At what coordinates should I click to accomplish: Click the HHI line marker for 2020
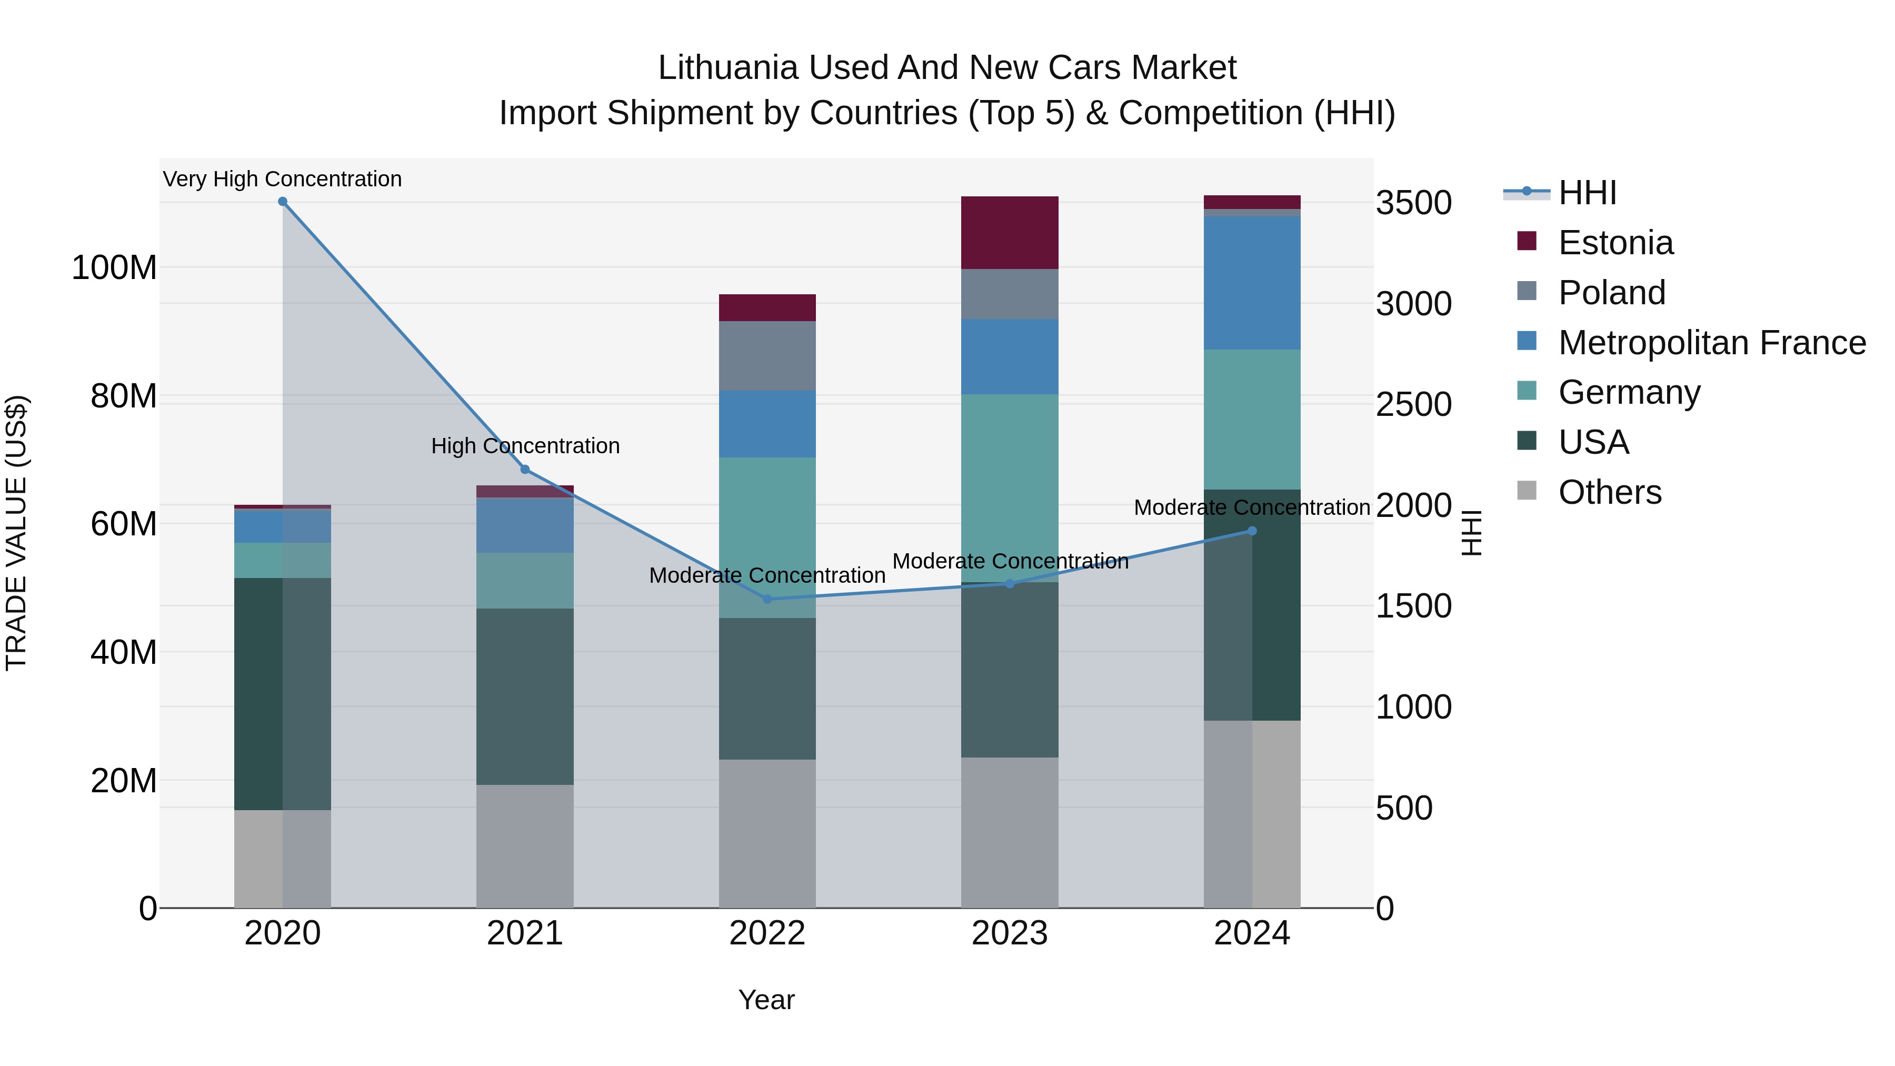283,202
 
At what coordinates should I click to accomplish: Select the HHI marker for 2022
767,599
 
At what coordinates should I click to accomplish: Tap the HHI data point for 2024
1252,531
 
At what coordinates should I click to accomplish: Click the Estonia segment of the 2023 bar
1009,233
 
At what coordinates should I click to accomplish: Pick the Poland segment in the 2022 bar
767,356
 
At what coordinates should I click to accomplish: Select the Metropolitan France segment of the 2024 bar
1252,283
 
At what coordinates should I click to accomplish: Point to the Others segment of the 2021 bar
524,846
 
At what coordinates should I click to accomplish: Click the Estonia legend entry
1615,243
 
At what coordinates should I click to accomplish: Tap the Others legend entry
1610,492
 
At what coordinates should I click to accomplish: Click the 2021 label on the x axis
524,933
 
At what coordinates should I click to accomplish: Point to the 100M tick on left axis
114,268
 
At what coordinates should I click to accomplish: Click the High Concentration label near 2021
525,446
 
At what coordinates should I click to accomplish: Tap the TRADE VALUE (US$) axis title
16,533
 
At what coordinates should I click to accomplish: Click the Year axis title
766,1000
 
